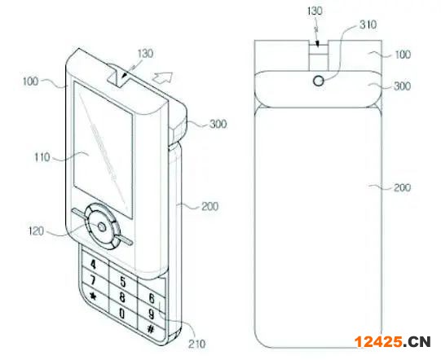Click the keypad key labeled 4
[93, 264]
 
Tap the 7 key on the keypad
[93, 279]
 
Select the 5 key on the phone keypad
[123, 281]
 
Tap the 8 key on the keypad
[122, 297]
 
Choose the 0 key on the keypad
[121, 313]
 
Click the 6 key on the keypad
[152, 298]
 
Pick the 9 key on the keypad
[151, 314]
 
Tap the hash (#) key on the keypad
[151, 329]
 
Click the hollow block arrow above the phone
[163, 77]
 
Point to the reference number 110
[42, 157]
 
